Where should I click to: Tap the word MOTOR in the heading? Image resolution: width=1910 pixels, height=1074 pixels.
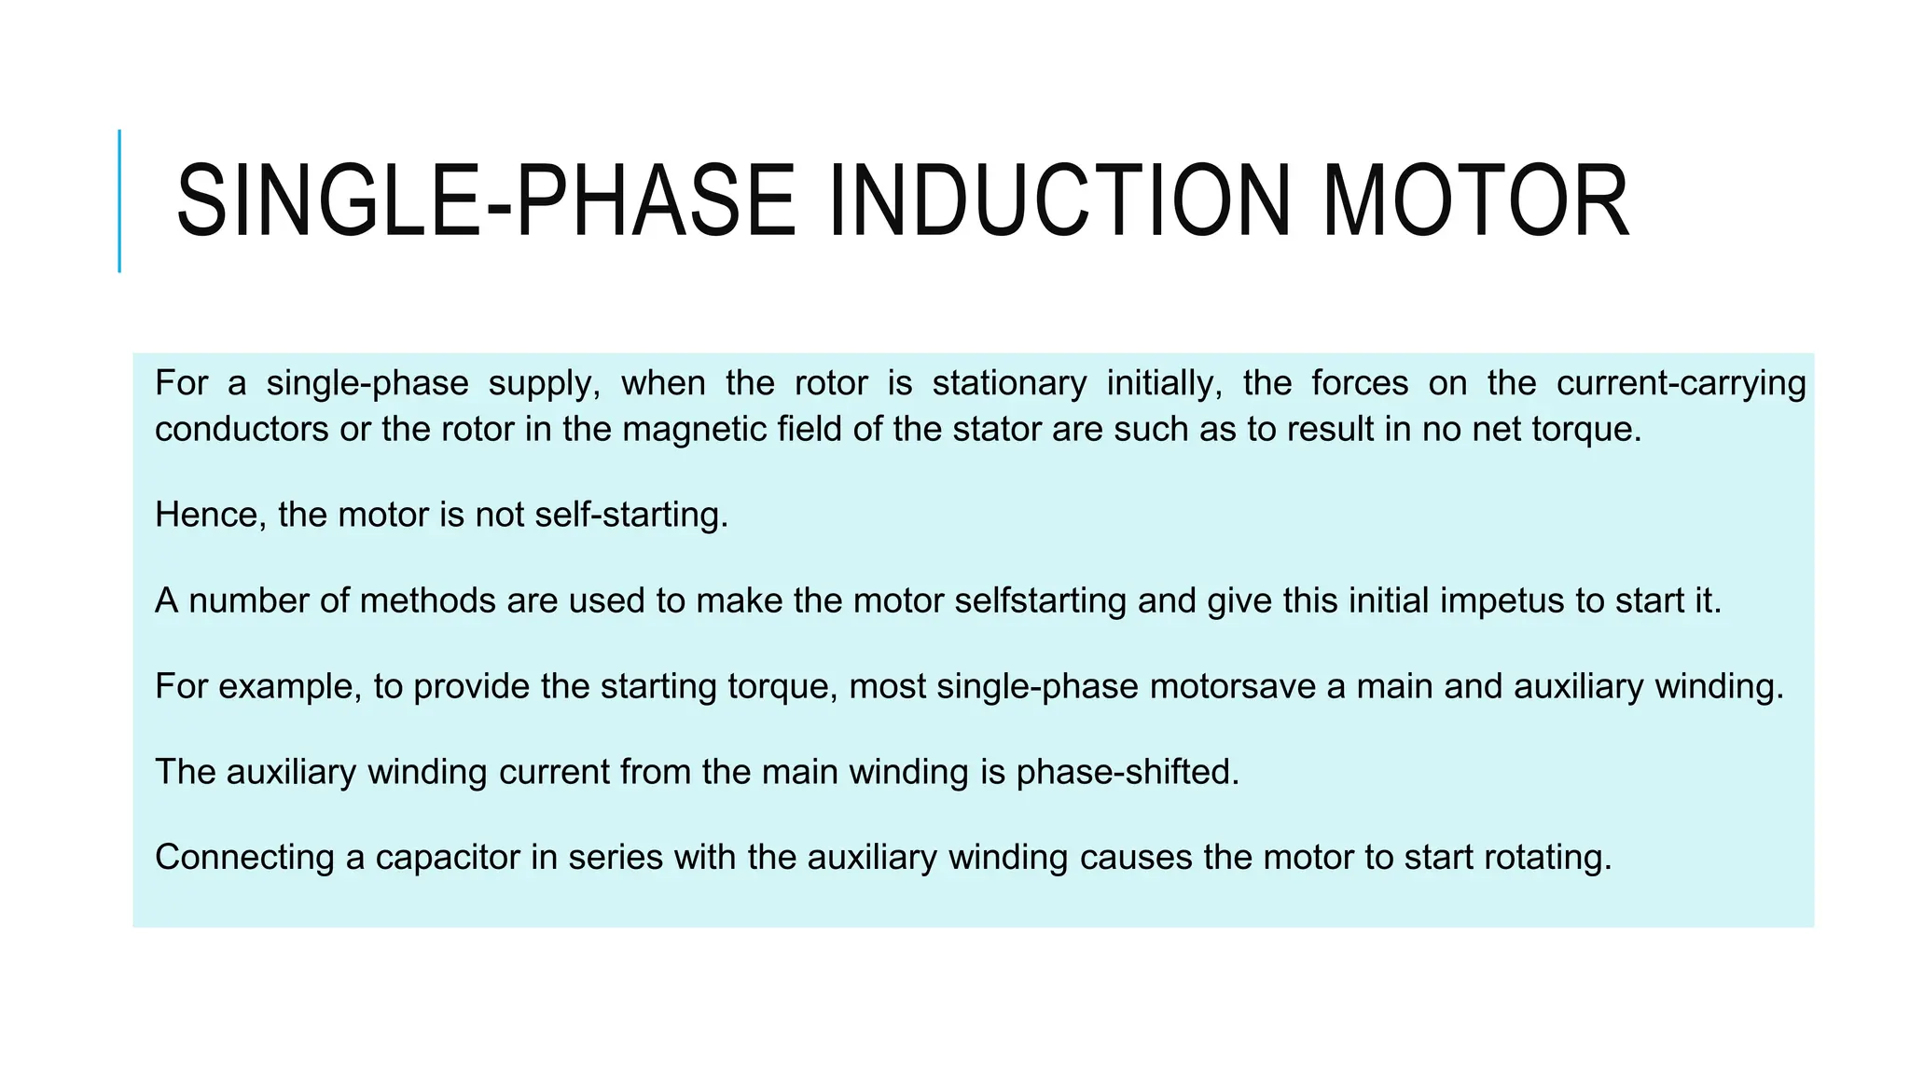click(x=1475, y=200)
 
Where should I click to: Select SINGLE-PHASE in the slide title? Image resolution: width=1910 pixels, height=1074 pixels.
click(x=485, y=200)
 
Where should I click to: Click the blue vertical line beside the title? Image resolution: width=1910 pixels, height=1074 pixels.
click(x=119, y=200)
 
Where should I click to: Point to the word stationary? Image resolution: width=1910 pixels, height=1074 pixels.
click(x=1009, y=383)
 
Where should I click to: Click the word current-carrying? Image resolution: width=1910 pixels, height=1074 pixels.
click(x=1681, y=383)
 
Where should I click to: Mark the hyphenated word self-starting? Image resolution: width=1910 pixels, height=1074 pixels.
click(x=630, y=515)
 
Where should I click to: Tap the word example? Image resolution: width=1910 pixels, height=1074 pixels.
click(x=289, y=686)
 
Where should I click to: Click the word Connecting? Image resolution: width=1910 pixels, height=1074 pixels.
click(x=244, y=858)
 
